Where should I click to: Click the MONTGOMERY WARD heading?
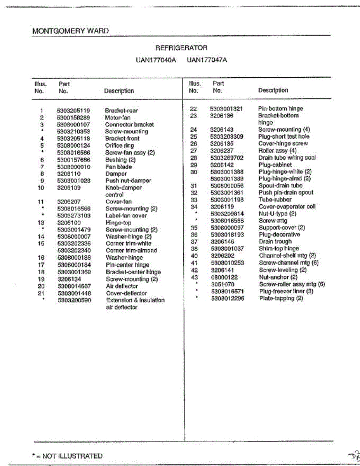70,31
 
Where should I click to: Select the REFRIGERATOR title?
181,48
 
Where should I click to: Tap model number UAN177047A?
207,60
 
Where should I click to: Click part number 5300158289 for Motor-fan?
73,118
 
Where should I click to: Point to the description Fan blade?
118,167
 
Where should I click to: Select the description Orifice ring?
119,146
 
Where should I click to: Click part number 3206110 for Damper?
69,174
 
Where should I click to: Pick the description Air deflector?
122,286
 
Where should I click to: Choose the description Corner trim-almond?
131,251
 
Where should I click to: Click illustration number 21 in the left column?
41,293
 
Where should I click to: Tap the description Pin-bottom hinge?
280,109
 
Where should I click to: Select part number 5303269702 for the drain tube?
227,158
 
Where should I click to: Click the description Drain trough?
275,242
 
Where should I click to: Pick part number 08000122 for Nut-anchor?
224,277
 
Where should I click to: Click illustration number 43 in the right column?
195,277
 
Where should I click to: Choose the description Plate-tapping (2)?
281,299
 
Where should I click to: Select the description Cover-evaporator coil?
287,207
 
